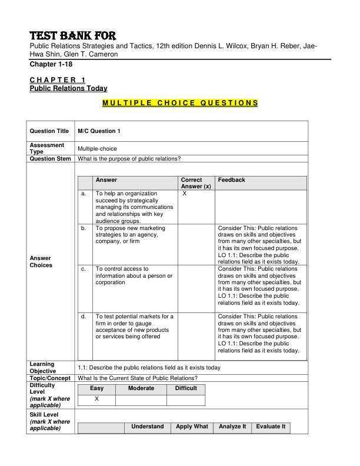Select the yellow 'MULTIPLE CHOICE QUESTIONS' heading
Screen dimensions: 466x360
[x=180, y=102]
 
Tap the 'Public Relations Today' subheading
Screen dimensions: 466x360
[x=68, y=88]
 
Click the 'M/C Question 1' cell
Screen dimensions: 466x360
[x=99, y=131]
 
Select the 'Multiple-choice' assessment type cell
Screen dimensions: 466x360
[x=97, y=149]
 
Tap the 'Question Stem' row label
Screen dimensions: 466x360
[x=50, y=159]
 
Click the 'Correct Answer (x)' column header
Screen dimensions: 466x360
[x=195, y=183]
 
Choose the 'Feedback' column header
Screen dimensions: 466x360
[x=231, y=180]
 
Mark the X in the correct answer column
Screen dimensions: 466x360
[x=185, y=194]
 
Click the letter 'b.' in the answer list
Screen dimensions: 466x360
[x=84, y=228]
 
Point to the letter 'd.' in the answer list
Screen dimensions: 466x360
[x=84, y=316]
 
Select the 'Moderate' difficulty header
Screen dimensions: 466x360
[x=141, y=388]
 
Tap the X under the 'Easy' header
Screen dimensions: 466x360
[x=96, y=398]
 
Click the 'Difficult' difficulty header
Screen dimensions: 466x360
[x=186, y=388]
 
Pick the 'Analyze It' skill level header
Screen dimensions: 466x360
[x=232, y=427]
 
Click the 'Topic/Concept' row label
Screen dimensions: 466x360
[x=50, y=378]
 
